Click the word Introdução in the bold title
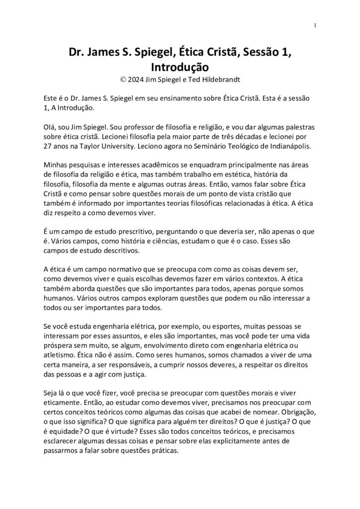(x=180, y=67)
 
